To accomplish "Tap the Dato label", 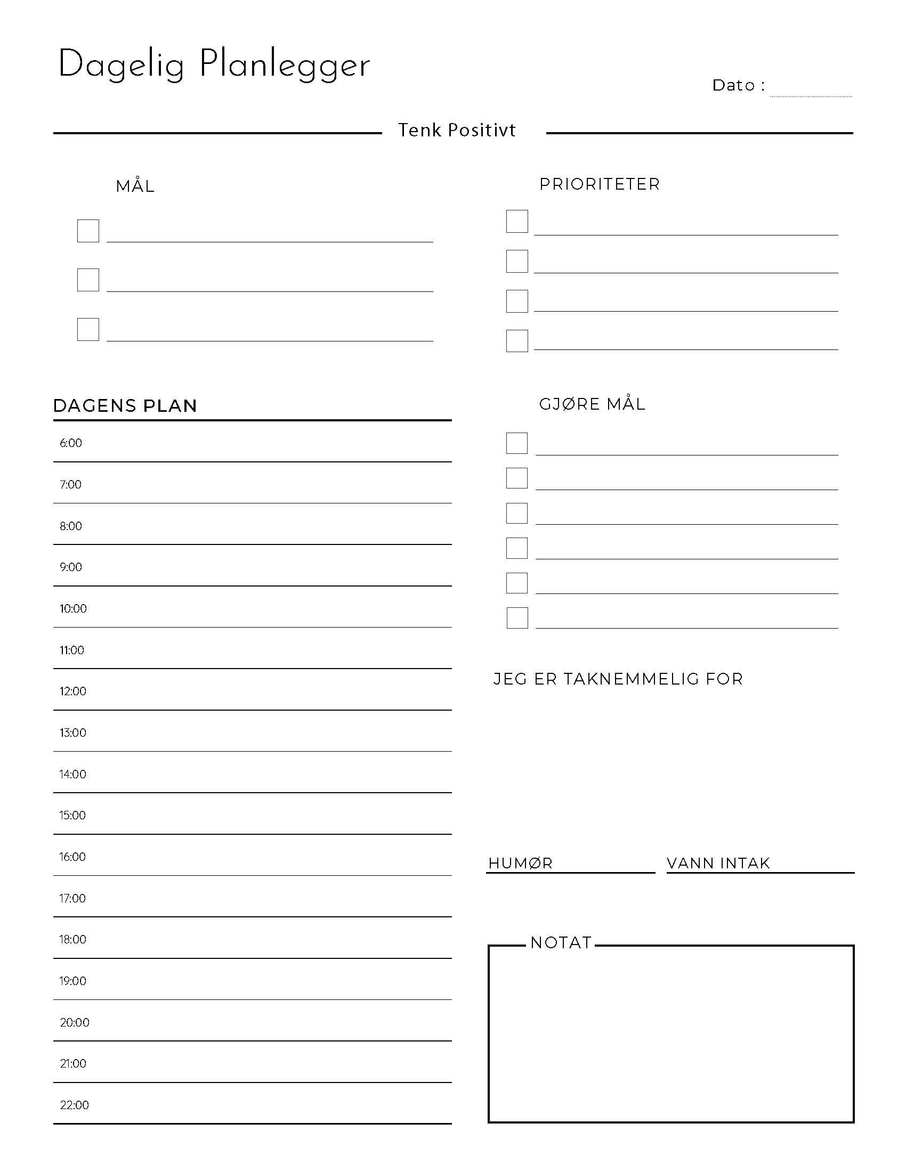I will pyautogui.click(x=734, y=85).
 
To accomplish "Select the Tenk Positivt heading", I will pyautogui.click(x=457, y=131).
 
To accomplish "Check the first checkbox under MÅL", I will pyautogui.click(x=88, y=231).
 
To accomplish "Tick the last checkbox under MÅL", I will pyautogui.click(x=88, y=329).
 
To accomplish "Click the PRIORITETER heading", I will pyautogui.click(x=600, y=184).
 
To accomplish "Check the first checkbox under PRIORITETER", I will pyautogui.click(x=517, y=221).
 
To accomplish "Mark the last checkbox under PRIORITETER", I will pyautogui.click(x=517, y=341).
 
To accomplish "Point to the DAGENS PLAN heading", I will pyautogui.click(x=125, y=406).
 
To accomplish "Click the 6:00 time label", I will pyautogui.click(x=71, y=443).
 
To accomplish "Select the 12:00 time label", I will pyautogui.click(x=72, y=691).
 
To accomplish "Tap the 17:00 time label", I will pyautogui.click(x=72, y=898).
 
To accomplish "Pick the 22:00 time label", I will pyautogui.click(x=74, y=1105).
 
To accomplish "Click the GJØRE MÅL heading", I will pyautogui.click(x=592, y=404).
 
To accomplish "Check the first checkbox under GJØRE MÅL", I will pyautogui.click(x=517, y=443).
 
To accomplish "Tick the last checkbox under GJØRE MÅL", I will pyautogui.click(x=517, y=617).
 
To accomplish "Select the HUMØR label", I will pyautogui.click(x=520, y=864).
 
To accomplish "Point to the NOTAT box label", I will pyautogui.click(x=561, y=943).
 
